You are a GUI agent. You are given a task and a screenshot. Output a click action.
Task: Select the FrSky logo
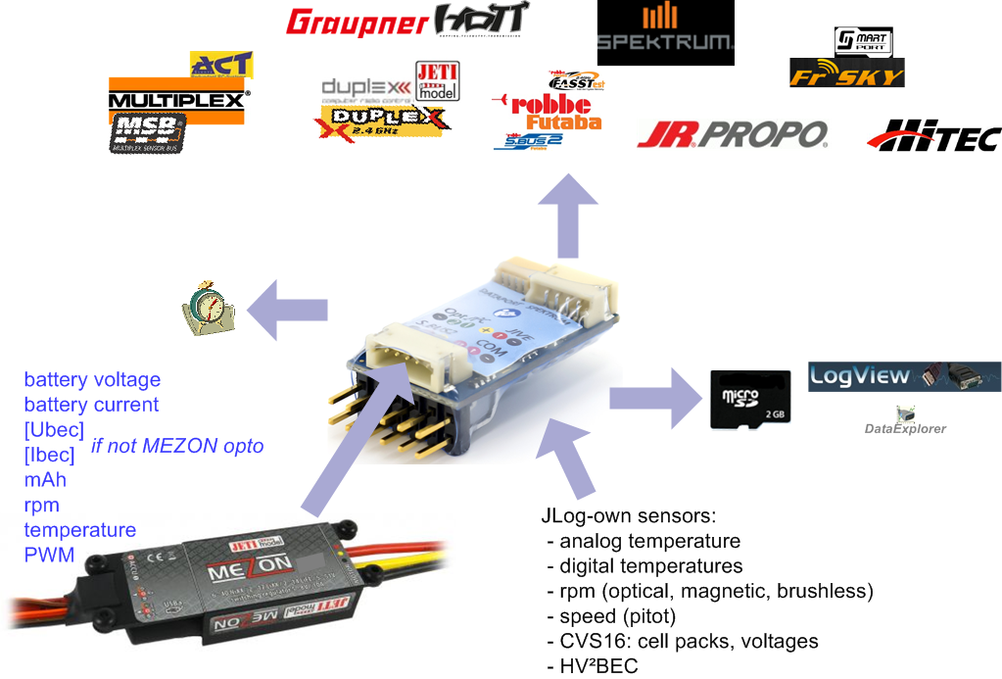click(846, 73)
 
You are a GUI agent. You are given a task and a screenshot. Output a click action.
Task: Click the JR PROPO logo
click(732, 134)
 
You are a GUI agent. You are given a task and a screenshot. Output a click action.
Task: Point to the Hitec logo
click(934, 136)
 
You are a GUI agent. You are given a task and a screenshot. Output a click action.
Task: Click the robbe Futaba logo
click(549, 110)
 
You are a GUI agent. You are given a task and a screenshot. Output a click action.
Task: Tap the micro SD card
click(749, 399)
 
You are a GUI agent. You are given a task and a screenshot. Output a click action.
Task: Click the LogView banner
click(904, 376)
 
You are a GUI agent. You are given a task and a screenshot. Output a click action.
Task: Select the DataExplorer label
click(905, 428)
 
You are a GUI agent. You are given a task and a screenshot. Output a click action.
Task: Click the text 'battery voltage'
click(92, 379)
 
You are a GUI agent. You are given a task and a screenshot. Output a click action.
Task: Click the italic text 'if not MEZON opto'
click(177, 446)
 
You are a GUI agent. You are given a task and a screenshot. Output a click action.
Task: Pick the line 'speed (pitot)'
click(617, 616)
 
